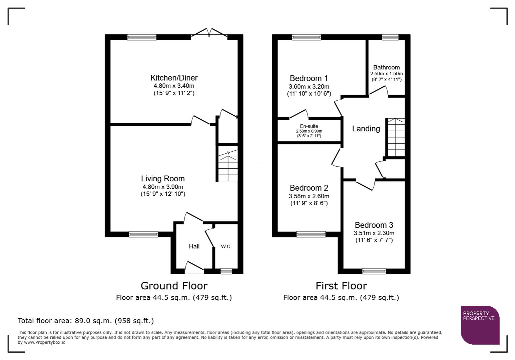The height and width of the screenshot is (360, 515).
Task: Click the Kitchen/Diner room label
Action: (174, 78)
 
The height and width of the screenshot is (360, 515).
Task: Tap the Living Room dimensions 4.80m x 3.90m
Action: (163, 187)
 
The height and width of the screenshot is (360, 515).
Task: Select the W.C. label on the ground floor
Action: (226, 246)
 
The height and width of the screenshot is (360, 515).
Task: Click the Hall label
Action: (194, 246)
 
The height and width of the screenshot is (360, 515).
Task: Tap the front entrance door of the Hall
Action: (194, 268)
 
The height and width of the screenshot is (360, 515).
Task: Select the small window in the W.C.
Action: (226, 271)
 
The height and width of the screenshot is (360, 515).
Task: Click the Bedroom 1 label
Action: (309, 78)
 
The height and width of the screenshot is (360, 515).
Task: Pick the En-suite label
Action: (309, 126)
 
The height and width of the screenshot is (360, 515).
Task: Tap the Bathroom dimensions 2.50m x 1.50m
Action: (386, 74)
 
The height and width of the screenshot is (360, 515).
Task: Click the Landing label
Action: (366, 129)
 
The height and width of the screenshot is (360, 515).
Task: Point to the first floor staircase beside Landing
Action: (396, 137)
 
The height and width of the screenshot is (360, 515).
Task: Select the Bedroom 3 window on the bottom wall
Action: (374, 271)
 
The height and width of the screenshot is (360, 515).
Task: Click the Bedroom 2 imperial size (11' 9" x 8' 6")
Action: (309, 203)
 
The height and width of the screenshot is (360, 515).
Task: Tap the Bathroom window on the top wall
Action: (390, 37)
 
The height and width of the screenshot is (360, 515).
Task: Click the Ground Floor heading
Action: (174, 286)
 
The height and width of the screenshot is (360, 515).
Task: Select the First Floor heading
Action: (341, 286)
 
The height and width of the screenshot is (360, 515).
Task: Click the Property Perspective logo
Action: (480, 325)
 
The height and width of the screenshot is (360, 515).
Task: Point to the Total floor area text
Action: (86, 321)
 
